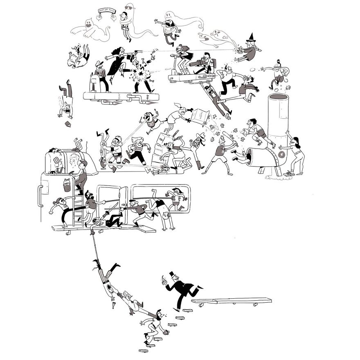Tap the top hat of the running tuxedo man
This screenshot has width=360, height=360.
coord(171,274)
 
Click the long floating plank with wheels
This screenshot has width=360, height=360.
coord(231,301)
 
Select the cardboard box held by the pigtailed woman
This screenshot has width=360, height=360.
coord(200,116)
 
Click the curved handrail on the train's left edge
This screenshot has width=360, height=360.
coord(40,196)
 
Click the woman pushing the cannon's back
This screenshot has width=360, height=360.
coord(297,155)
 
